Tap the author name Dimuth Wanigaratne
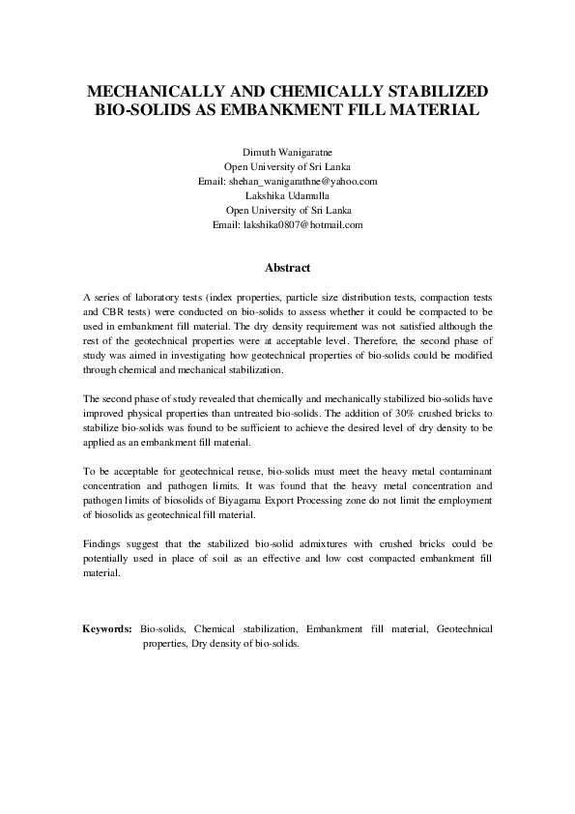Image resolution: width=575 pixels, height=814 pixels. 288,152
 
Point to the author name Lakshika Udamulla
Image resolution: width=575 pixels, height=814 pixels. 288,195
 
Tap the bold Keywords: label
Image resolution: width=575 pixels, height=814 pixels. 107,628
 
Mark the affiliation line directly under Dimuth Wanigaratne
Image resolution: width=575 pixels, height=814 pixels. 288,166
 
